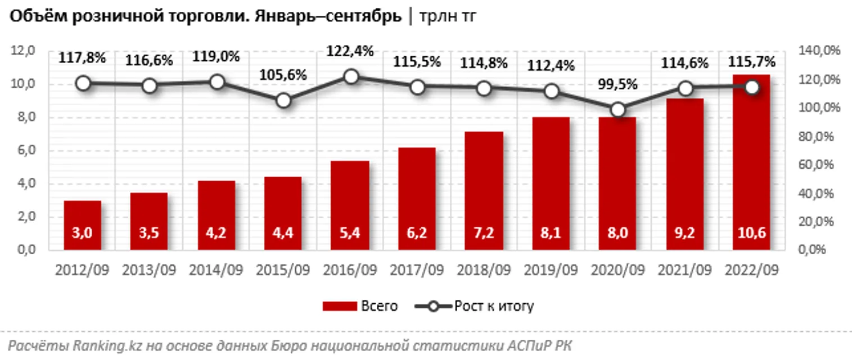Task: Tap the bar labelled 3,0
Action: point(83,225)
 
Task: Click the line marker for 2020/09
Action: point(618,110)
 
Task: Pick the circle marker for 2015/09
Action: point(284,101)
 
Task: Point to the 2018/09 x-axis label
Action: point(484,270)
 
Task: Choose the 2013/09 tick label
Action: point(149,270)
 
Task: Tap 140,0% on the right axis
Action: point(819,51)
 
